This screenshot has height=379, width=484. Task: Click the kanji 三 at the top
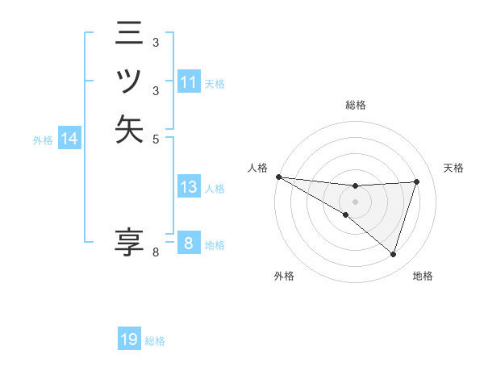(129, 35)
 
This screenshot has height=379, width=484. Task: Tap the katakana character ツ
(129, 81)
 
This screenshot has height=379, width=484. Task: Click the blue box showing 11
(189, 82)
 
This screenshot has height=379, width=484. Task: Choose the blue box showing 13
(189, 187)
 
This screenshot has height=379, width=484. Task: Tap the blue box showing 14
(69, 140)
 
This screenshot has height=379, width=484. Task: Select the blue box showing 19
(129, 339)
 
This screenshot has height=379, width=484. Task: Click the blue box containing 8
(188, 243)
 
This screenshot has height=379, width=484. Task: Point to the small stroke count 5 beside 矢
(156, 138)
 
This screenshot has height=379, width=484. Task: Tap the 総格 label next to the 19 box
(155, 341)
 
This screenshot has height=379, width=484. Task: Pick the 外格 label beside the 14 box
(43, 140)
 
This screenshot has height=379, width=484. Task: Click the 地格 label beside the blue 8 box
(215, 245)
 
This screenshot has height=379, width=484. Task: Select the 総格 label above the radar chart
(355, 105)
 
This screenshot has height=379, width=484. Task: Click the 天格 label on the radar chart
(453, 168)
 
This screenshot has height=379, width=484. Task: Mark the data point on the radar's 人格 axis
(278, 176)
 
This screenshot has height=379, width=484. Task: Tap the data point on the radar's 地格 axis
(394, 255)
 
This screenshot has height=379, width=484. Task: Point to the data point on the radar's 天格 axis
(417, 181)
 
